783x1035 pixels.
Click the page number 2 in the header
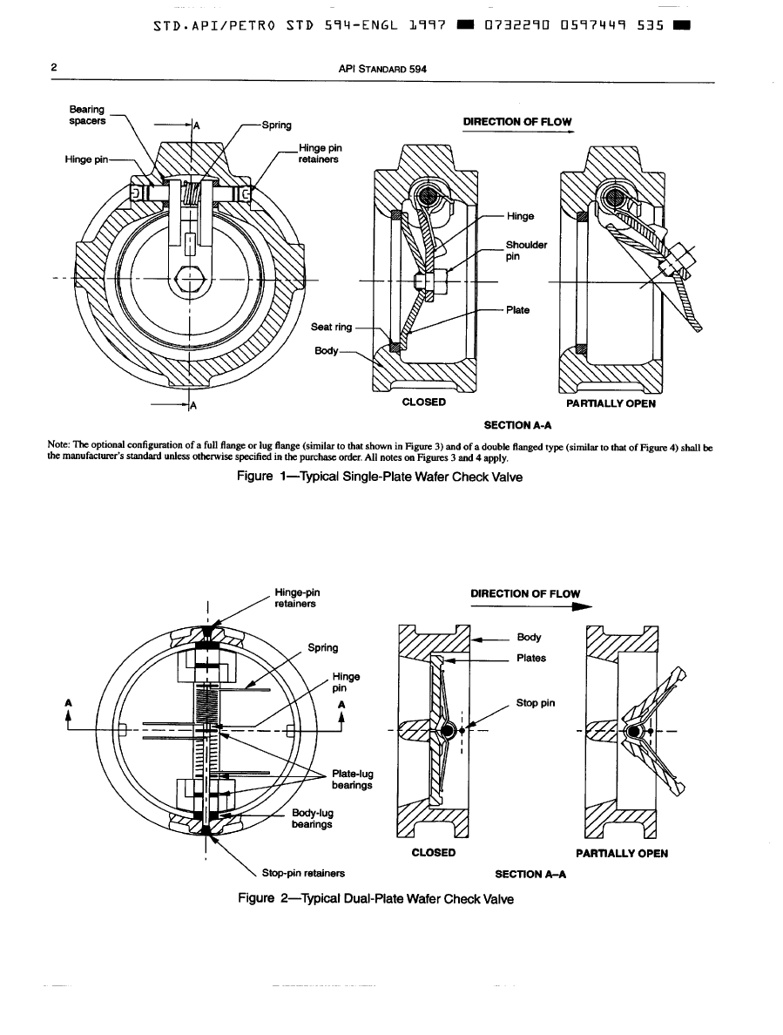coord(54,67)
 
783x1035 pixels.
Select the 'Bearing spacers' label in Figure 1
coord(87,114)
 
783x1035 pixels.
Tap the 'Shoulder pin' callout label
coord(527,251)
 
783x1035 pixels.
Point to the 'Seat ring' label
coord(332,328)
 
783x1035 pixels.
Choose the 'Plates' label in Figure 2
coord(531,659)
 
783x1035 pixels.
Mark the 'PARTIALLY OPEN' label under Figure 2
coord(622,853)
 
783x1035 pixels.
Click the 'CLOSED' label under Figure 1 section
coord(424,402)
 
